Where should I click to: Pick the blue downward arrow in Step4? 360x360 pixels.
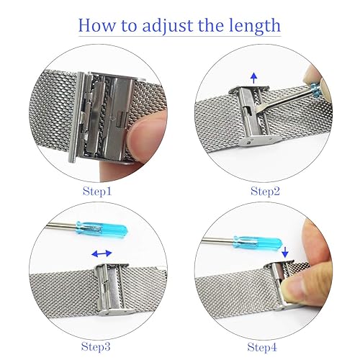coord(286,251)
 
